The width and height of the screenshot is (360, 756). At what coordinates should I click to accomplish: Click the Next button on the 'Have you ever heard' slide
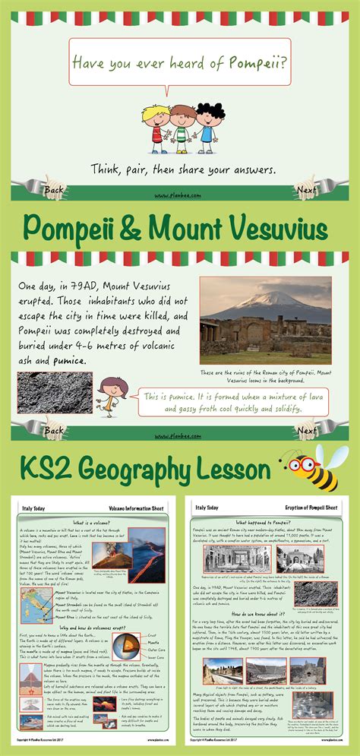[306, 189]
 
